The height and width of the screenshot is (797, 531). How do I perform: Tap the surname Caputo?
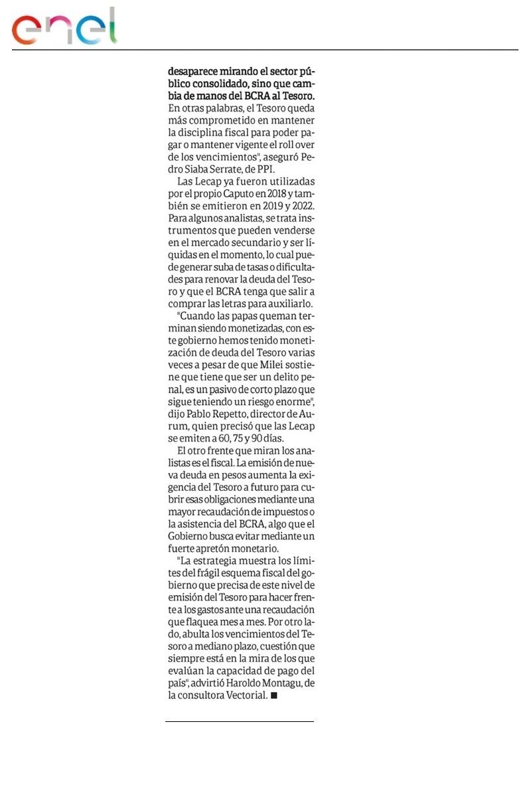point(249,193)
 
